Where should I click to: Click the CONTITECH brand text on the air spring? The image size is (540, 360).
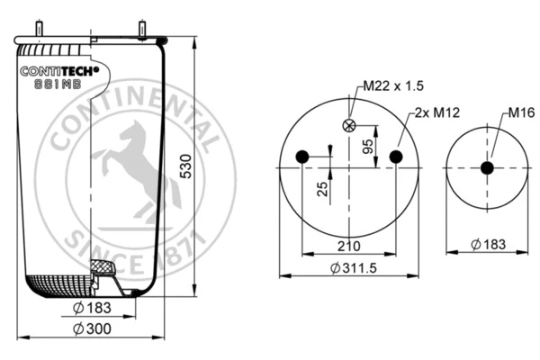tap(64, 71)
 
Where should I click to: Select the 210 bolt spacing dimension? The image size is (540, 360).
tap(348, 245)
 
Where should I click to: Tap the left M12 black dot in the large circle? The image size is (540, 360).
tap(301, 157)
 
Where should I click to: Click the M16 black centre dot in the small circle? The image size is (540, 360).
tap(487, 167)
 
